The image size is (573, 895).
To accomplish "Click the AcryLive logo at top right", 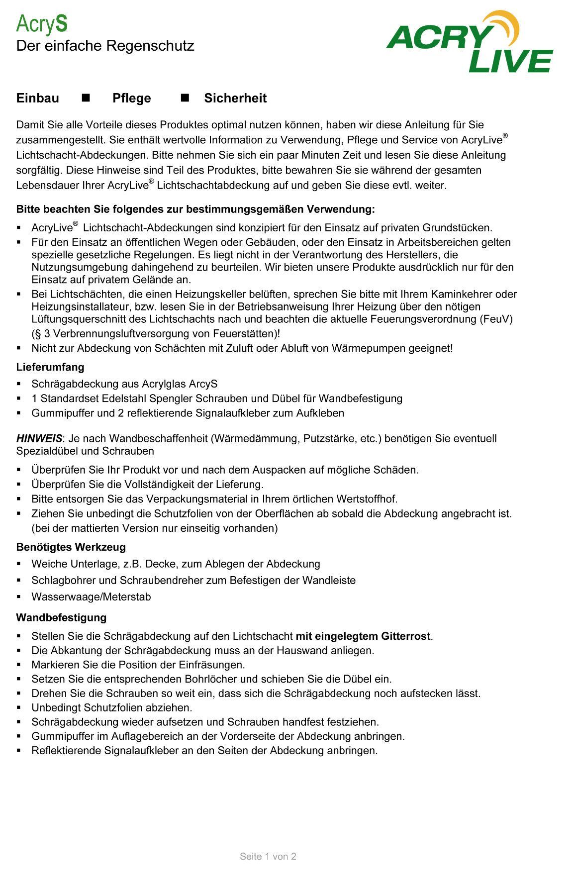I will [x=469, y=42].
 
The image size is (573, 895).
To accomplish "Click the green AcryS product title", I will [x=42, y=24].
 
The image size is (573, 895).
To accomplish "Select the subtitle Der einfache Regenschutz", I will [x=105, y=46].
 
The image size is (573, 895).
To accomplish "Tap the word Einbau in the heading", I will [x=37, y=98].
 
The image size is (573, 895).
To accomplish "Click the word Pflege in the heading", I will [x=131, y=98].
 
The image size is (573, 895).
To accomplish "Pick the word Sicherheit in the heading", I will [x=235, y=98].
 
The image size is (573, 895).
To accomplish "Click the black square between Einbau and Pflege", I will [x=86, y=98].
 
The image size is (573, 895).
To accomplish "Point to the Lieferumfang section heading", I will [x=50, y=367].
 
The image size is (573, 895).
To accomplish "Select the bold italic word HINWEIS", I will [x=39, y=439].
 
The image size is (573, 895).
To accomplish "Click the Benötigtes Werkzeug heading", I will [x=71, y=547].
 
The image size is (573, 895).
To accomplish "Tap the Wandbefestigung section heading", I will [x=61, y=617].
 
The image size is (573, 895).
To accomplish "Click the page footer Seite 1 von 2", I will [x=268, y=856].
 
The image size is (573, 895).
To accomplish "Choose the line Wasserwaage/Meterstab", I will [x=91, y=597].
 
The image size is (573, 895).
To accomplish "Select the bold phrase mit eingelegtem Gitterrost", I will [x=363, y=636].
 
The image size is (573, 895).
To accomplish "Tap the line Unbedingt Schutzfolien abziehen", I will [x=111, y=707].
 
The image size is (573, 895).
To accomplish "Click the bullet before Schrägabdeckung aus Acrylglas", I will [x=19, y=384].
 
